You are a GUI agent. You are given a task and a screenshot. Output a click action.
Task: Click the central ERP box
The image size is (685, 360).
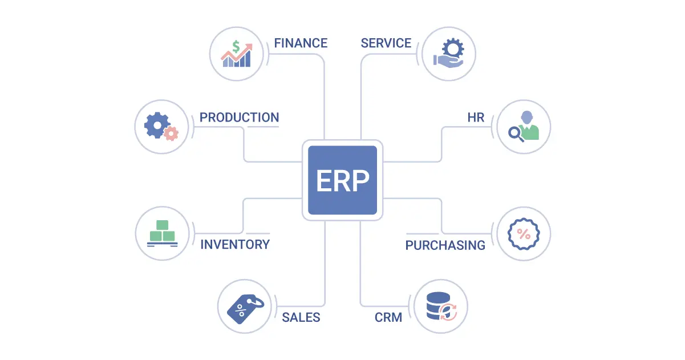click(x=342, y=180)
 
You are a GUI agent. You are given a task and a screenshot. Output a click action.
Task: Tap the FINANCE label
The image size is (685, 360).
click(x=301, y=43)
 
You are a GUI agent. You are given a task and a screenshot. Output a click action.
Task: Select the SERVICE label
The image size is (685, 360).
click(x=386, y=43)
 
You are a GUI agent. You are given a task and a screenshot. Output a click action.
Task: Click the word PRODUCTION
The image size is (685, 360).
click(x=239, y=118)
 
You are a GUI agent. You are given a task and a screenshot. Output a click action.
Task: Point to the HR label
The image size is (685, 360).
click(x=476, y=118)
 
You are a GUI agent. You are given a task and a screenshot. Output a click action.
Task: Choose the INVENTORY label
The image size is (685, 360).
click(x=235, y=244)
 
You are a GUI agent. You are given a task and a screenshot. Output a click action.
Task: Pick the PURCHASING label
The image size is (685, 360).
click(x=445, y=245)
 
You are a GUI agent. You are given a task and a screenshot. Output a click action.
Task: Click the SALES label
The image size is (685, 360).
click(x=301, y=317)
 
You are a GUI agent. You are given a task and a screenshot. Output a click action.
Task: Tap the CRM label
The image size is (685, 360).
click(x=388, y=317)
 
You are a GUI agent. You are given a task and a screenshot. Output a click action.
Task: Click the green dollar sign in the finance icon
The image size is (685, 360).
click(x=236, y=47)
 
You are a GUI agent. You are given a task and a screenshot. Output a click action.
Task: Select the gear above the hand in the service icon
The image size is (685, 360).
click(x=453, y=48)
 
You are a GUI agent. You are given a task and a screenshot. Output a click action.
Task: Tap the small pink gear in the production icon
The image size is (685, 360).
click(x=171, y=134)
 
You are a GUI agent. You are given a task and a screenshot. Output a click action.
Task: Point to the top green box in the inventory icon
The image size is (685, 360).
click(x=162, y=225)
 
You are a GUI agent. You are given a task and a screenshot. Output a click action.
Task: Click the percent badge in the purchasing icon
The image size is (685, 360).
click(x=524, y=234)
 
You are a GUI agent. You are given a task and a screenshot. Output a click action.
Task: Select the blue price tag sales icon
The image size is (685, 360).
click(x=245, y=308)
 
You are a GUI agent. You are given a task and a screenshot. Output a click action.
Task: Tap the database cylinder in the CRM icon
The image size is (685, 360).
click(x=438, y=306)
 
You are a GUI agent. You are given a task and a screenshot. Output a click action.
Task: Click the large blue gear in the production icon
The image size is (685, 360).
click(x=157, y=125)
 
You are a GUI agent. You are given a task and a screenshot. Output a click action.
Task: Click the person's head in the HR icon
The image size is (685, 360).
click(x=526, y=117)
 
